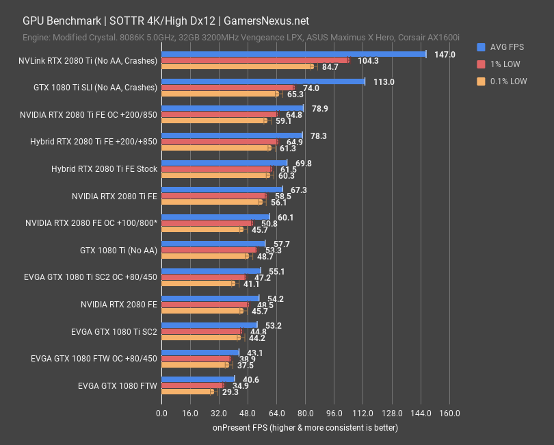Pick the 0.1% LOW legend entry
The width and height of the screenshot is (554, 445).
pos(507,81)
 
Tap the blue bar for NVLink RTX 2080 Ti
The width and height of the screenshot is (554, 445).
pos(293,54)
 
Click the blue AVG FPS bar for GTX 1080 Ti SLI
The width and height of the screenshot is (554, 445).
pos(263,81)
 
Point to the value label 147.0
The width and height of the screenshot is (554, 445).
pos(445,55)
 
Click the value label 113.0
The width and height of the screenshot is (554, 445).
pos(383,81)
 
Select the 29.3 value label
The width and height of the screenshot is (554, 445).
pos(228,392)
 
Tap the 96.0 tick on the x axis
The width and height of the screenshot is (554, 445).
pos(334,414)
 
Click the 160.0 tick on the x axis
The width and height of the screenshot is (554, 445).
pos(449,414)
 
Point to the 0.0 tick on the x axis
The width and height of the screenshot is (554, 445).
pos(161,414)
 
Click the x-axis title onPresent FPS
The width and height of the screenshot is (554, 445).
pos(304,428)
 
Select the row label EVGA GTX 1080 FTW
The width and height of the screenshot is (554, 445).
pos(118,386)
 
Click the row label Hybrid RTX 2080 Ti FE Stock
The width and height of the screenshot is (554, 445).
pos(104,169)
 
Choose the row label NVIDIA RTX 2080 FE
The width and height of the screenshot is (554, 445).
pos(118,305)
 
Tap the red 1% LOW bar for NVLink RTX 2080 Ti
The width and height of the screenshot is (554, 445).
pos(255,60)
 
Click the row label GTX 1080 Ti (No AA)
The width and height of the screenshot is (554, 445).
pos(118,251)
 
